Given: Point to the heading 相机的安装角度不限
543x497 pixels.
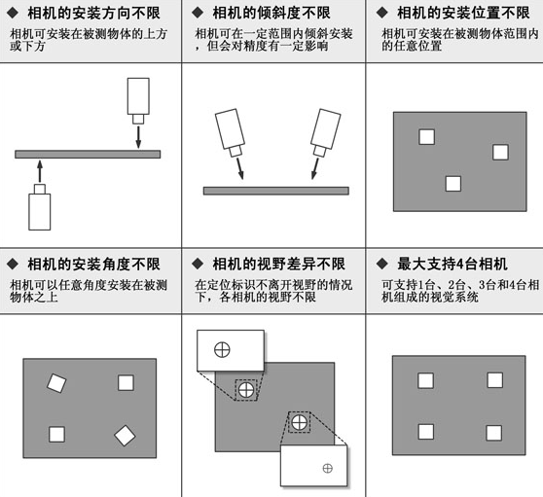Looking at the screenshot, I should pyautogui.click(x=93, y=265).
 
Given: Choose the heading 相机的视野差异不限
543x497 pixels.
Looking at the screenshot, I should pyautogui.click(x=278, y=265).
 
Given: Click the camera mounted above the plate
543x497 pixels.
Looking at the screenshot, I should pyautogui.click(x=139, y=94).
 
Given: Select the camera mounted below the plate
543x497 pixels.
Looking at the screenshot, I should pyautogui.click(x=39, y=207).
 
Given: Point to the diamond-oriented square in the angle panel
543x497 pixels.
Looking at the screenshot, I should pyautogui.click(x=125, y=437).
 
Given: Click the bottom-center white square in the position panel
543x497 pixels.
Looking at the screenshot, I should pyautogui.click(x=452, y=183).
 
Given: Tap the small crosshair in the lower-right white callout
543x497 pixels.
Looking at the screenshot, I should pyautogui.click(x=327, y=469).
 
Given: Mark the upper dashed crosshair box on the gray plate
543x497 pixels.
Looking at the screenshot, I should pyautogui.click(x=246, y=390).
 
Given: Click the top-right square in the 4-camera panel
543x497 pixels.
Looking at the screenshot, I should pyautogui.click(x=494, y=380).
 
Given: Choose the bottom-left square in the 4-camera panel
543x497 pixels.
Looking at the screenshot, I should pyautogui.click(x=425, y=432).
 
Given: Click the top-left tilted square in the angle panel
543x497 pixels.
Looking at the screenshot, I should pyautogui.click(x=56, y=384).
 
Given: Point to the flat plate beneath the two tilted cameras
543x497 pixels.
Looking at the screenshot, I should pyautogui.click(x=275, y=191).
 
